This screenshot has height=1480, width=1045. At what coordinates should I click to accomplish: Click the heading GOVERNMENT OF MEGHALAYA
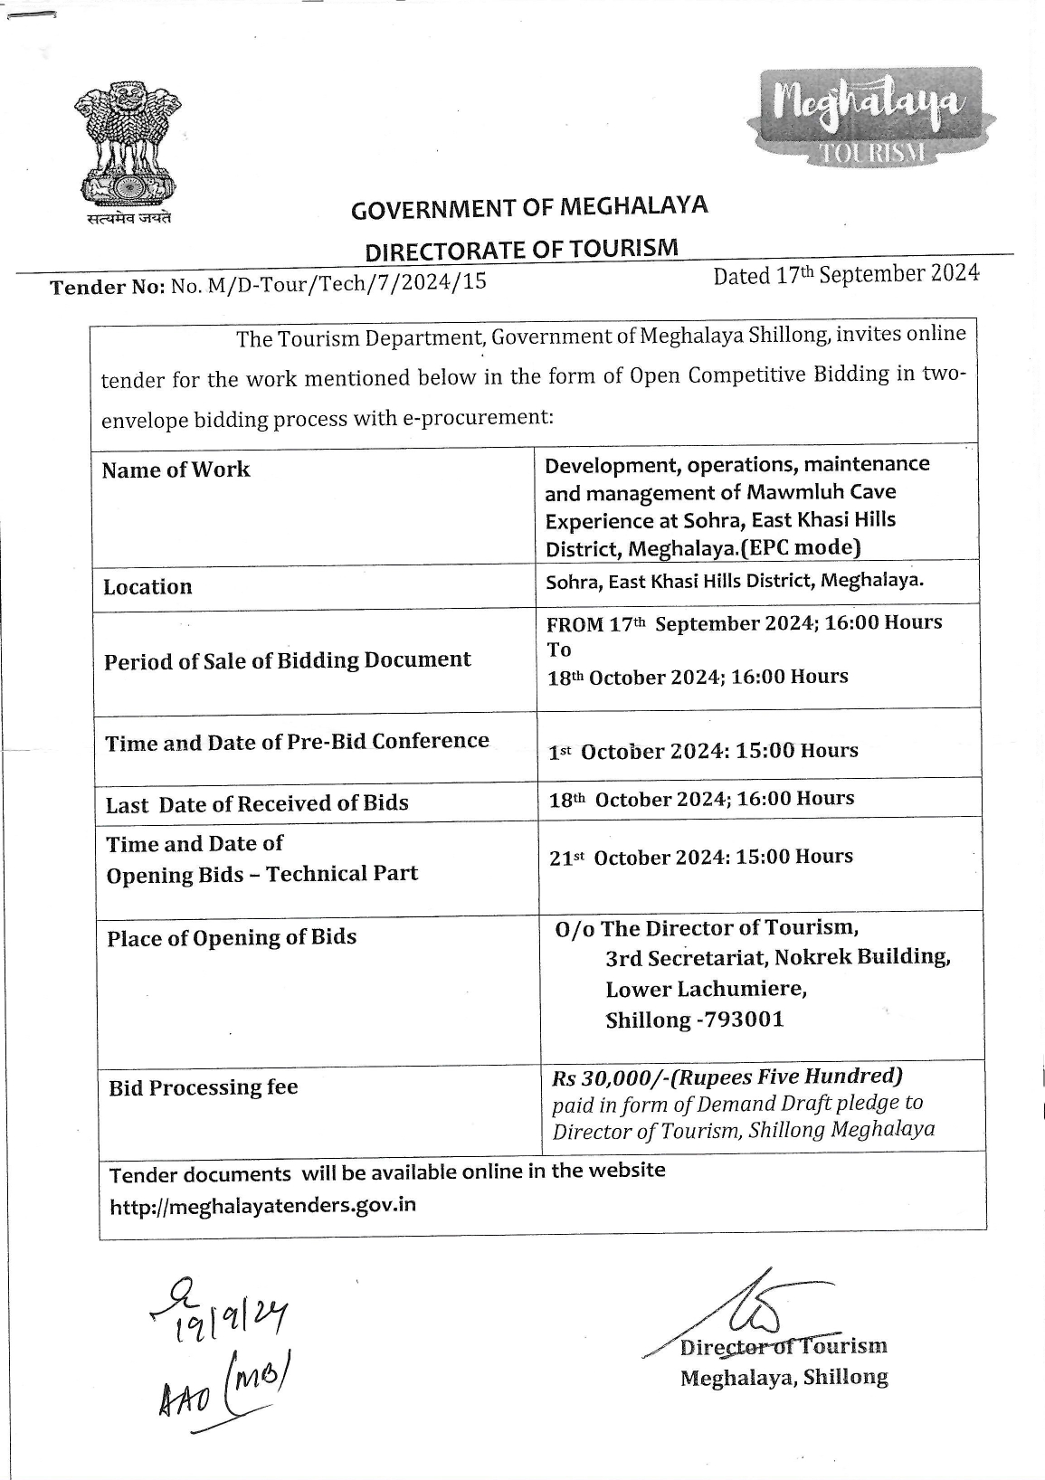[x=529, y=208]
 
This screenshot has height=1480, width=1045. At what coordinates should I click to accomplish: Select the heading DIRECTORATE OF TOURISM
[x=520, y=249]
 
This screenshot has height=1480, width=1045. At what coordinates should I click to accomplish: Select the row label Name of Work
[x=176, y=470]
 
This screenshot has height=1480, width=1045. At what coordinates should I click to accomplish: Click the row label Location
[x=147, y=587]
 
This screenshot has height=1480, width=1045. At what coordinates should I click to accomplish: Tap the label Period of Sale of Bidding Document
[x=287, y=660]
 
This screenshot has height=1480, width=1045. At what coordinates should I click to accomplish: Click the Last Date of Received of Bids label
[x=257, y=803]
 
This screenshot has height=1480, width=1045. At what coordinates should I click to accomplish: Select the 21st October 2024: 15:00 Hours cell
[x=700, y=857]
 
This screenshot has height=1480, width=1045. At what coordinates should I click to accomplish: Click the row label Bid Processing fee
[x=203, y=1087]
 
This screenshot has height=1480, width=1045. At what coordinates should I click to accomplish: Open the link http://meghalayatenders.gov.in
[x=262, y=1205]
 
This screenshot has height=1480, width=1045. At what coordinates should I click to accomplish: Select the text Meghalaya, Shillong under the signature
[x=784, y=1377]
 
